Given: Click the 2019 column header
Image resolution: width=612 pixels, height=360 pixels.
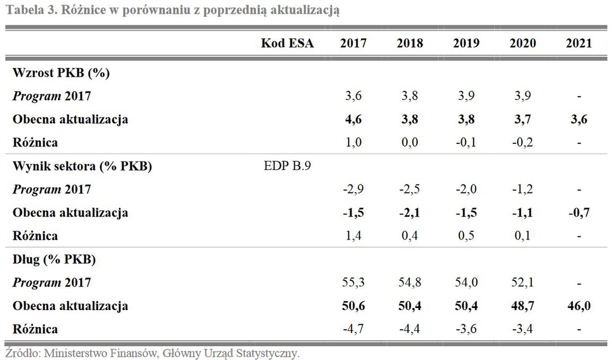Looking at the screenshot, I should tap(466, 44).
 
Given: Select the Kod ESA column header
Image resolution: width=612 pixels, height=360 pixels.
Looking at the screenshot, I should tap(287, 44).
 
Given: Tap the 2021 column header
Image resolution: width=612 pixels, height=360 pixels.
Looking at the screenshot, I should tap(579, 44).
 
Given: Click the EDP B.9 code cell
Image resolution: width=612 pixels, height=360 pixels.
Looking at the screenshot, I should tap(288, 166).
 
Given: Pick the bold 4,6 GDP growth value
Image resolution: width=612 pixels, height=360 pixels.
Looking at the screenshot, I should tap(353, 119).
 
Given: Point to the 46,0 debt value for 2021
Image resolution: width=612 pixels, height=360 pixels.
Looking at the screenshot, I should tap(579, 306).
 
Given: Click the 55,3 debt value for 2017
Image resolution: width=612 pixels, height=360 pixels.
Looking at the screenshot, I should tap(353, 282).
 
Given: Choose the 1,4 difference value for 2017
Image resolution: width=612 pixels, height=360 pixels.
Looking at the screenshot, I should tap(353, 236).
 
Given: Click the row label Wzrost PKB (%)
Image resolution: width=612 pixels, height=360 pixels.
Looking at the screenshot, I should tap(61, 73).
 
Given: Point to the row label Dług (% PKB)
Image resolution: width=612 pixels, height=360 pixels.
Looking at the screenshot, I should tap(54, 260).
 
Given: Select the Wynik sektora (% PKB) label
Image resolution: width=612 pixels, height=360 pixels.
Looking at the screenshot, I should tap(82, 166).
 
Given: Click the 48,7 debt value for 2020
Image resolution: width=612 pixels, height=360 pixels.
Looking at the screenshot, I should tap(522, 306).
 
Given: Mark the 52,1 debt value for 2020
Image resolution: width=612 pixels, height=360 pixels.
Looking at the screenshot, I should tap(522, 282).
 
